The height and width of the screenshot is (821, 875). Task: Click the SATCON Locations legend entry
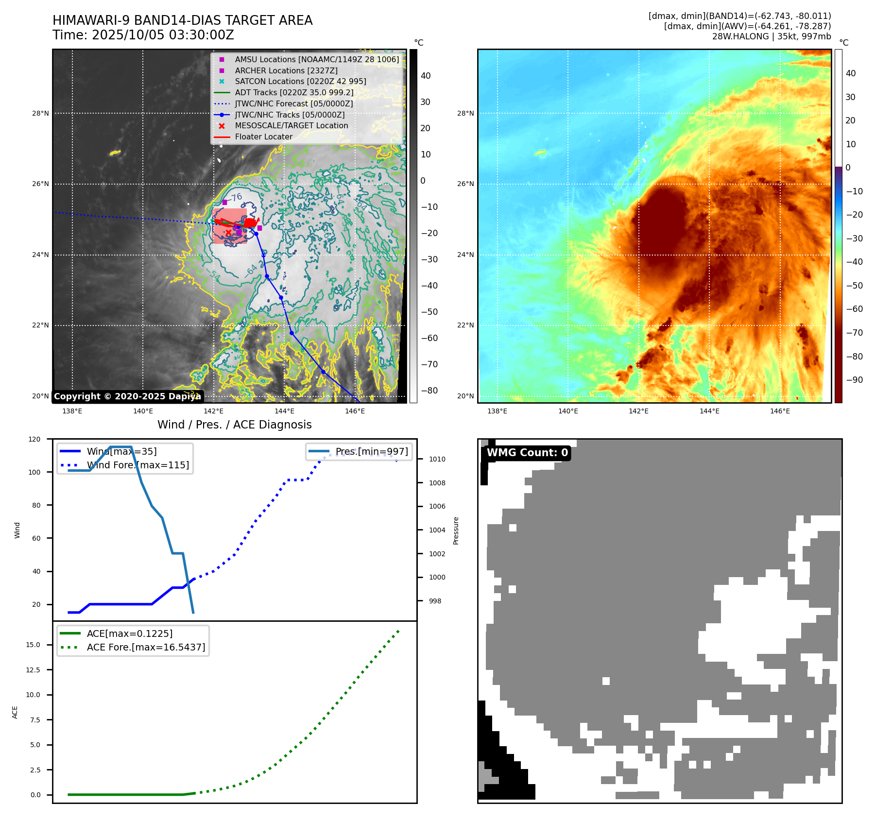[x=300, y=82]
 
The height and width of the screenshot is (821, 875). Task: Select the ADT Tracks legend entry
[x=294, y=92]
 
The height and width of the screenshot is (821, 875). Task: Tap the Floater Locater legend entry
[x=263, y=137]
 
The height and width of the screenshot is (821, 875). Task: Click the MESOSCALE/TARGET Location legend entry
[x=291, y=126]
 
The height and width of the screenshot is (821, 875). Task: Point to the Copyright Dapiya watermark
[x=127, y=396]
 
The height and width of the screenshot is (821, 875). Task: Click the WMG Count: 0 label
[x=527, y=453]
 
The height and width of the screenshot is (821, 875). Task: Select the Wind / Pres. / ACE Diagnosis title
[x=235, y=425]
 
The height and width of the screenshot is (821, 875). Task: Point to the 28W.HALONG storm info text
[x=772, y=36]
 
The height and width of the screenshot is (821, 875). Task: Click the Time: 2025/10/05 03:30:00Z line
[x=143, y=35]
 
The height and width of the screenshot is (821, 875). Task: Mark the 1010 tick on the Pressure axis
[x=437, y=459]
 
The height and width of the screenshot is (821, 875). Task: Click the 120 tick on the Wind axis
[x=35, y=439]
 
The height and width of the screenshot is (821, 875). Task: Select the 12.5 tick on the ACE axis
[x=33, y=670]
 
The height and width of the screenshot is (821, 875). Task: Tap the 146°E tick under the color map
[x=780, y=411]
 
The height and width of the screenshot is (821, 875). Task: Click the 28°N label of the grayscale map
[x=40, y=114]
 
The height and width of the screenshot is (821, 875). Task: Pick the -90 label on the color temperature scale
[x=854, y=380]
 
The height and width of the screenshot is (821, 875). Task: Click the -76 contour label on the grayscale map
[x=236, y=198]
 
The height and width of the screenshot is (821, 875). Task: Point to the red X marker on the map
[x=228, y=232]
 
